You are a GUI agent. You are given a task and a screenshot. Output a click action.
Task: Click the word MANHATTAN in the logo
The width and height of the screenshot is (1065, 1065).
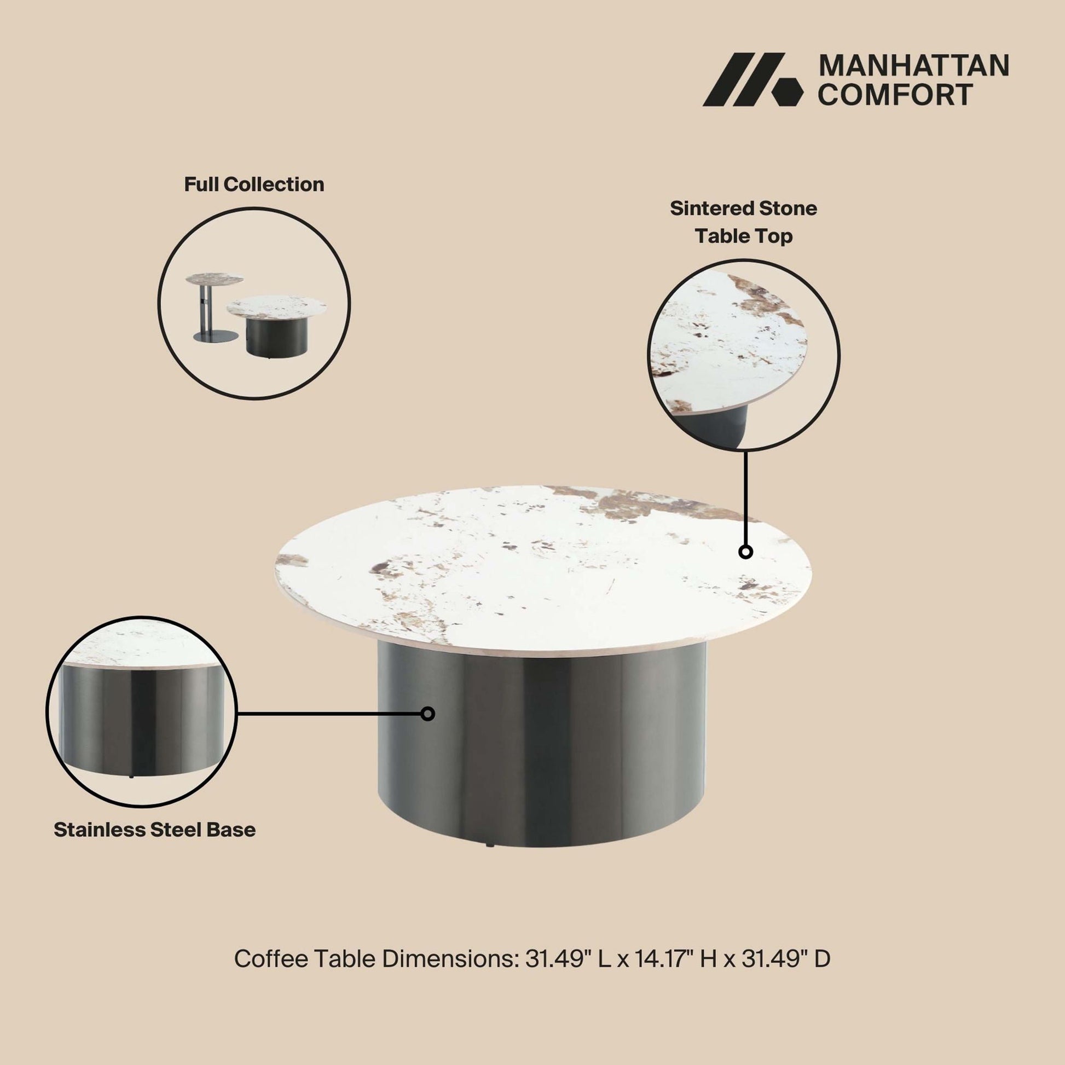click(x=914, y=66)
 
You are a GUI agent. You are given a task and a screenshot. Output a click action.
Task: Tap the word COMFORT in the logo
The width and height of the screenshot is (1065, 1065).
click(x=895, y=94)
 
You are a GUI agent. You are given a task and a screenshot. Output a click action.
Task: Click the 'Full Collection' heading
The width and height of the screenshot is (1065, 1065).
click(x=254, y=184)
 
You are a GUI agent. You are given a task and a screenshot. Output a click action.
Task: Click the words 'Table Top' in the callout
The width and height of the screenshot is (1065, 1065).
click(x=744, y=236)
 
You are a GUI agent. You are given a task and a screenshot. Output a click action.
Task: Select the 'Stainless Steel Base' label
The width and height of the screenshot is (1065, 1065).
click(x=155, y=830)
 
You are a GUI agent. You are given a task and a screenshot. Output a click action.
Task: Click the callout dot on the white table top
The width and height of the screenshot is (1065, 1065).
click(x=746, y=551)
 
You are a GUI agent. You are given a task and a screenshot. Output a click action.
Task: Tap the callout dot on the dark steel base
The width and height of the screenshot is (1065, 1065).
click(x=427, y=714)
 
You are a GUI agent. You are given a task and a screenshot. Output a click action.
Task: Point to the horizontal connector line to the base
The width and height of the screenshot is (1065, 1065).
click(x=328, y=714)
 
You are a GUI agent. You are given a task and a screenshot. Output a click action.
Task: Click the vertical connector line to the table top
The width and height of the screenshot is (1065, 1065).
click(x=745, y=498)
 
